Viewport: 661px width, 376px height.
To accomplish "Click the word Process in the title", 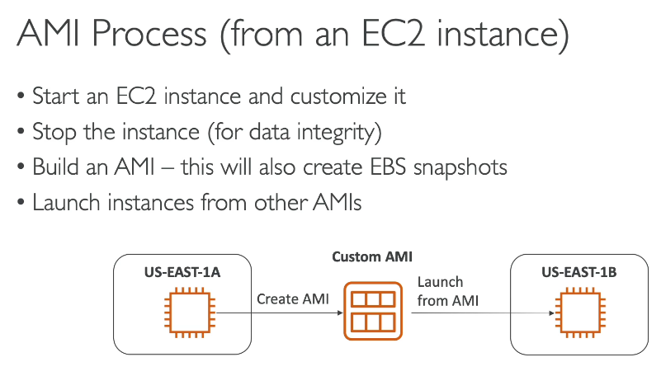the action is click(x=149, y=33).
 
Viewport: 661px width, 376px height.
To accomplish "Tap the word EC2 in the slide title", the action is click(x=393, y=33).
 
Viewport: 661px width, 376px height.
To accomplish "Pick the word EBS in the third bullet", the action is click(x=388, y=167).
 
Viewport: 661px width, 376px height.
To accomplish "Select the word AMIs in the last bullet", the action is click(x=338, y=203).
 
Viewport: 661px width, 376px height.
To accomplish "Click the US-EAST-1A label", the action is click(x=182, y=272).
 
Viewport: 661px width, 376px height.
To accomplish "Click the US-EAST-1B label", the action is click(x=579, y=272).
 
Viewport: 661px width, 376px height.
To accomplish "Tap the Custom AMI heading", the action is click(x=372, y=256).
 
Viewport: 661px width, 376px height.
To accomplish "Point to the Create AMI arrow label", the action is click(x=293, y=299).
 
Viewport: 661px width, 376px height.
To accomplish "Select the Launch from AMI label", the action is click(x=448, y=291).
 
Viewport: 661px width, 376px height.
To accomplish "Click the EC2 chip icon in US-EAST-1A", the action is click(x=190, y=313).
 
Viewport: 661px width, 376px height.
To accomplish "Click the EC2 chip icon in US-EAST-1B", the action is click(x=580, y=313).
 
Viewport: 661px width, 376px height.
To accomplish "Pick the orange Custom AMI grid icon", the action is click(x=373, y=311).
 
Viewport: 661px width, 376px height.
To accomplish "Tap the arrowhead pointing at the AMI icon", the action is click(x=340, y=313).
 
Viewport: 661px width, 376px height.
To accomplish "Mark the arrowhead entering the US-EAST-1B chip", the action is click(x=551, y=313).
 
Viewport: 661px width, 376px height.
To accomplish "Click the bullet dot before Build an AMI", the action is click(x=21, y=167).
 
